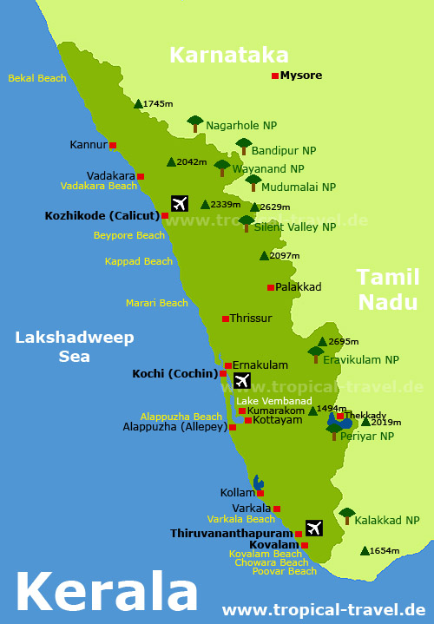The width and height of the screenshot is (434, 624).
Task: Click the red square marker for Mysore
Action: [275, 76]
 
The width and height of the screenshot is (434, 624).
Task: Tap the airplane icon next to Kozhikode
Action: [180, 203]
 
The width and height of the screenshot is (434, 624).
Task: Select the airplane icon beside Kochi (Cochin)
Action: [241, 380]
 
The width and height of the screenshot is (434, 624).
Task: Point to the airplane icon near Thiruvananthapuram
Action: [313, 528]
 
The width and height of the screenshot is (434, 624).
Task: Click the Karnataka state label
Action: [229, 55]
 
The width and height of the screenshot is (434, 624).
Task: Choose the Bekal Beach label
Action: [37, 78]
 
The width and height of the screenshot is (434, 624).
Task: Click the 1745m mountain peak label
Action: [158, 104]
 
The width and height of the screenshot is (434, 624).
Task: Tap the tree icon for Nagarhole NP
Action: [195, 122]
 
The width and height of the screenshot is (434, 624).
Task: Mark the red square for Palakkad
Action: [271, 287]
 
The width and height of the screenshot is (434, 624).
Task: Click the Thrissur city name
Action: [251, 319]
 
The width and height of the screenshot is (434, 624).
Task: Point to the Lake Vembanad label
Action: [273, 400]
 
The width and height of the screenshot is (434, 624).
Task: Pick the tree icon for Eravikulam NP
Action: [315, 354]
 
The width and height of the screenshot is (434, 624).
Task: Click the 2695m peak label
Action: [344, 342]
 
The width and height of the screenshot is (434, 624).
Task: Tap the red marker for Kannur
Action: [113, 145]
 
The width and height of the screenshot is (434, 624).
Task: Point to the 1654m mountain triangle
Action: [364, 550]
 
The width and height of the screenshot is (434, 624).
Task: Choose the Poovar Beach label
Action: [285, 571]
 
